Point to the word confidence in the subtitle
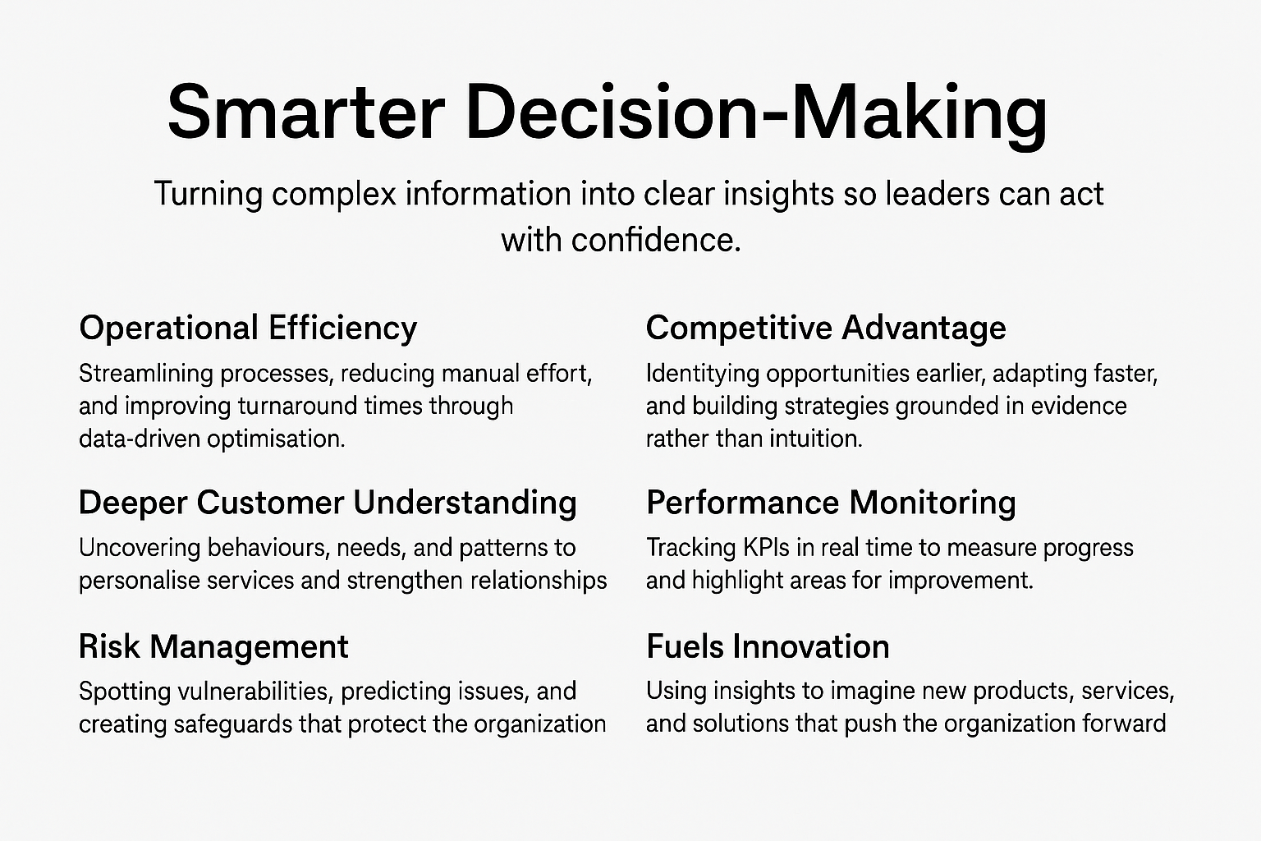pyautogui.click(x=655, y=240)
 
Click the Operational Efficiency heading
pyautogui.click(x=248, y=329)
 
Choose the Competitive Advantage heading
pyautogui.click(x=826, y=329)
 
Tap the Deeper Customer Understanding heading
pyautogui.click(x=328, y=503)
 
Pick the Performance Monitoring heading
pyautogui.click(x=831, y=503)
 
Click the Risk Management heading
pyautogui.click(x=214, y=646)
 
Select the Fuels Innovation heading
pyautogui.click(x=768, y=646)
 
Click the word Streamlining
pyautogui.click(x=146, y=375)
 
